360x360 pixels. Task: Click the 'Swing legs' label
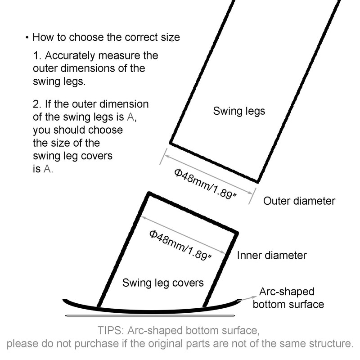pyautogui.click(x=239, y=111)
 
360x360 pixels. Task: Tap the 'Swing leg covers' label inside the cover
pyautogui.click(x=163, y=283)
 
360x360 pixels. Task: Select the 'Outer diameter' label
pyautogui.click(x=299, y=201)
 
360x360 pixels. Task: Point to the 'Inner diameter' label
pyautogui.click(x=272, y=255)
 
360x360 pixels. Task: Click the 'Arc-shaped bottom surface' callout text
pyautogui.click(x=288, y=298)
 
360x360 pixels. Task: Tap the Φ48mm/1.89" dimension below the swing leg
pyautogui.click(x=205, y=184)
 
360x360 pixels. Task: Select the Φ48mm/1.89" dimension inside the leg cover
pyautogui.click(x=180, y=245)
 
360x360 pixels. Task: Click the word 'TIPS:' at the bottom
pyautogui.click(x=111, y=331)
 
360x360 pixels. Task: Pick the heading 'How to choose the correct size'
pyautogui.click(x=106, y=37)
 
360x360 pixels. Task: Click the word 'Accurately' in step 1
pyautogui.click(x=70, y=56)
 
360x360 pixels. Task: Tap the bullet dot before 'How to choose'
pyautogui.click(x=27, y=37)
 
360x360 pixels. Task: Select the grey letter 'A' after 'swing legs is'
pyautogui.click(x=130, y=117)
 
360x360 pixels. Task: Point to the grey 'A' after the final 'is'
pyautogui.click(x=47, y=169)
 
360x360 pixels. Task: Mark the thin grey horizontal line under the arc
pyautogui.click(x=150, y=316)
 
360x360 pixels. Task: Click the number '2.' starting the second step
pyautogui.click(x=37, y=104)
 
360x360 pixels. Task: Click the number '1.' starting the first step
pyautogui.click(x=37, y=55)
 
